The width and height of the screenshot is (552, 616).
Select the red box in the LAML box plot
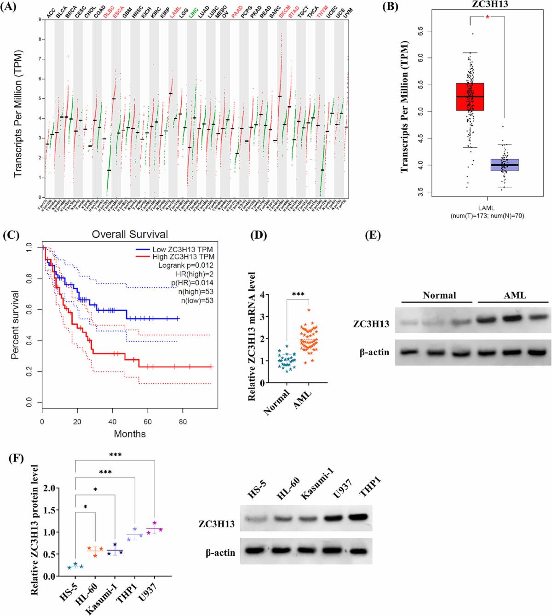470,97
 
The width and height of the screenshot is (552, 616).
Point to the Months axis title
130,433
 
